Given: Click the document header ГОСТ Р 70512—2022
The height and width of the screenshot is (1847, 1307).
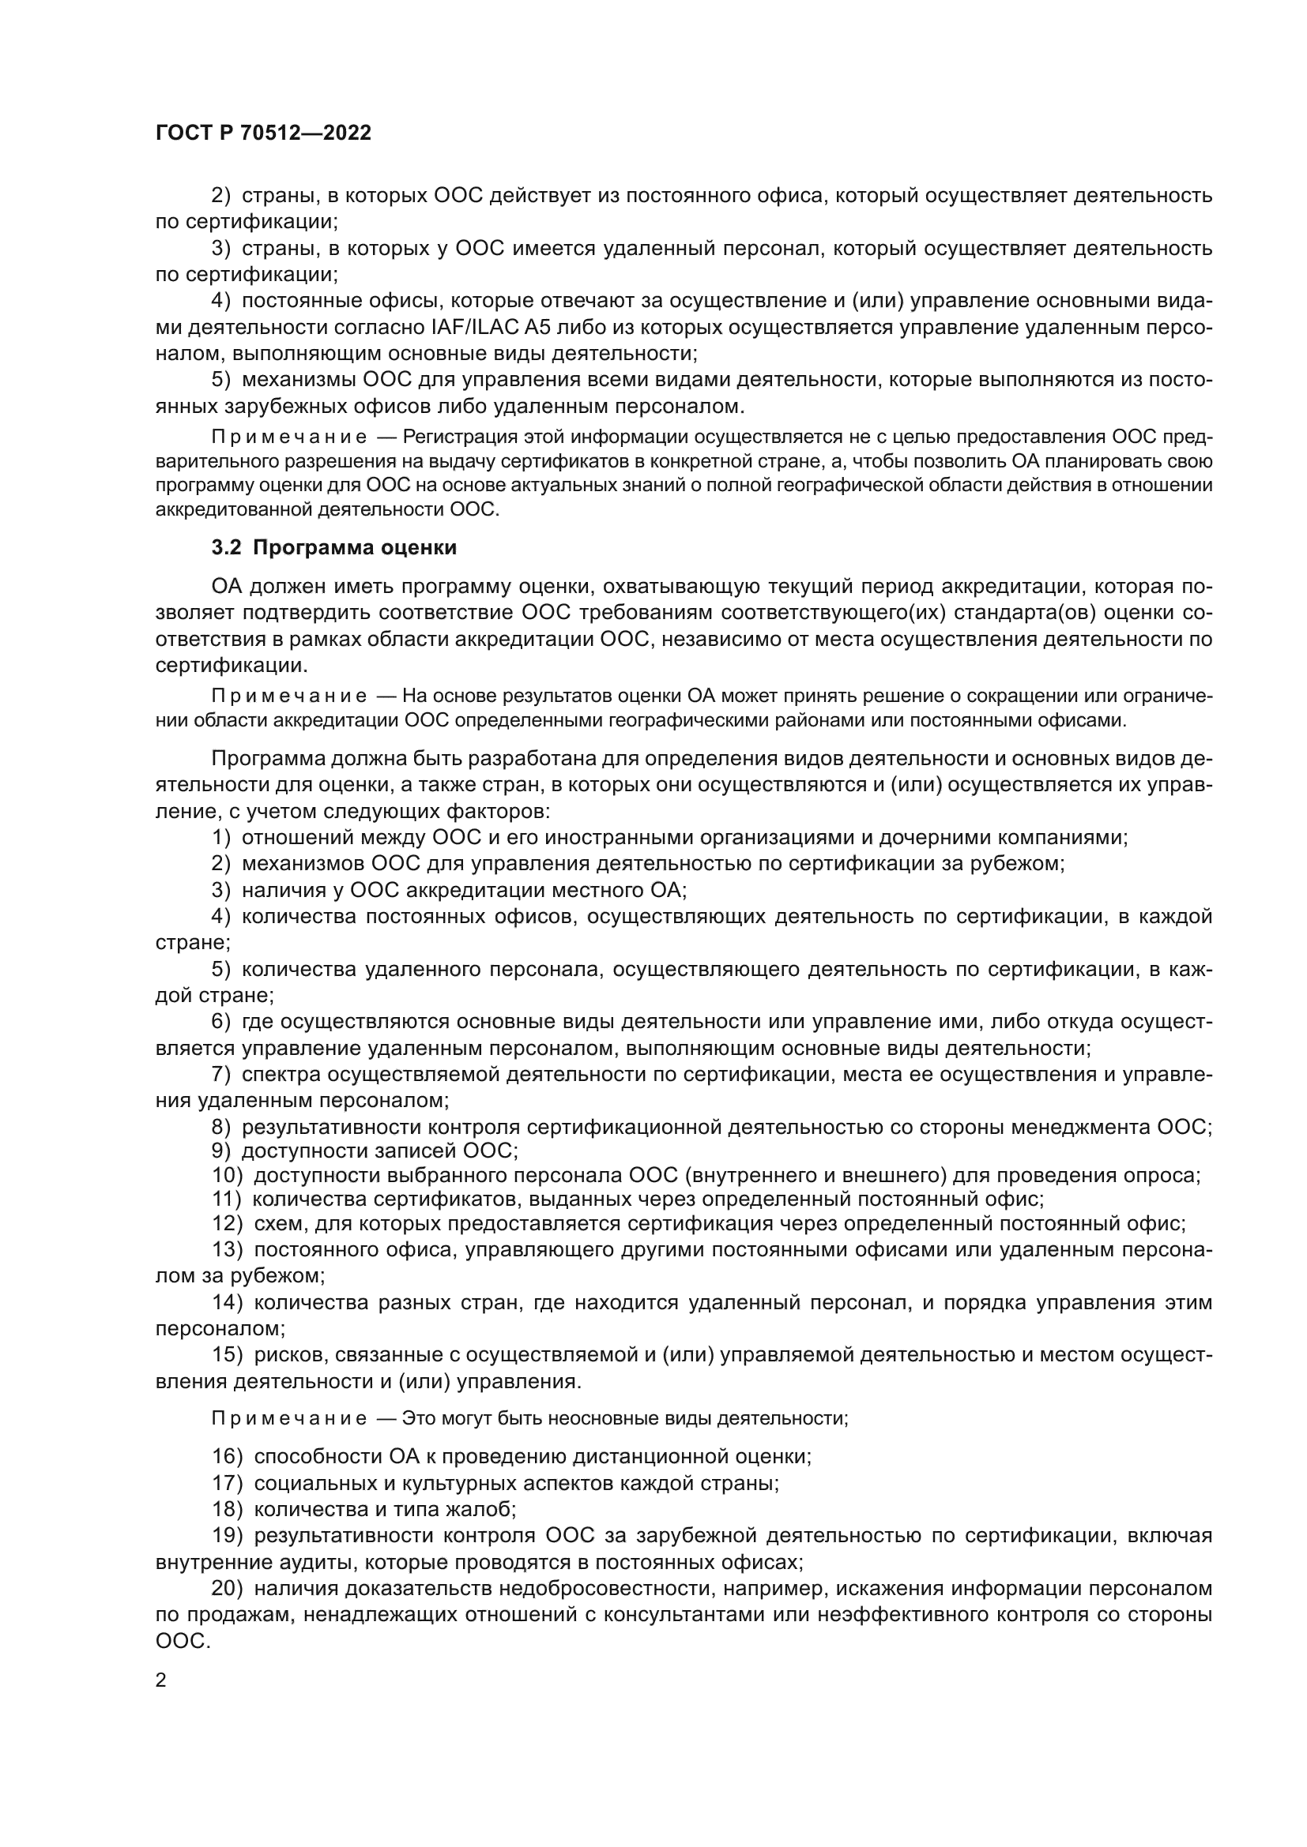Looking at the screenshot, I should (x=263, y=133).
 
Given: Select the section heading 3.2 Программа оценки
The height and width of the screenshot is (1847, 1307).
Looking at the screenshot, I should (x=333, y=548).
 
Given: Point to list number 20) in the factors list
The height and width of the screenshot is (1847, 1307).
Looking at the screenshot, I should (x=228, y=1589).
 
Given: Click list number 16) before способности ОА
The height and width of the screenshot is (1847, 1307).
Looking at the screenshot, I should (x=228, y=1456).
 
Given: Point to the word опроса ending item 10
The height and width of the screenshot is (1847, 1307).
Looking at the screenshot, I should (x=1166, y=1176).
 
